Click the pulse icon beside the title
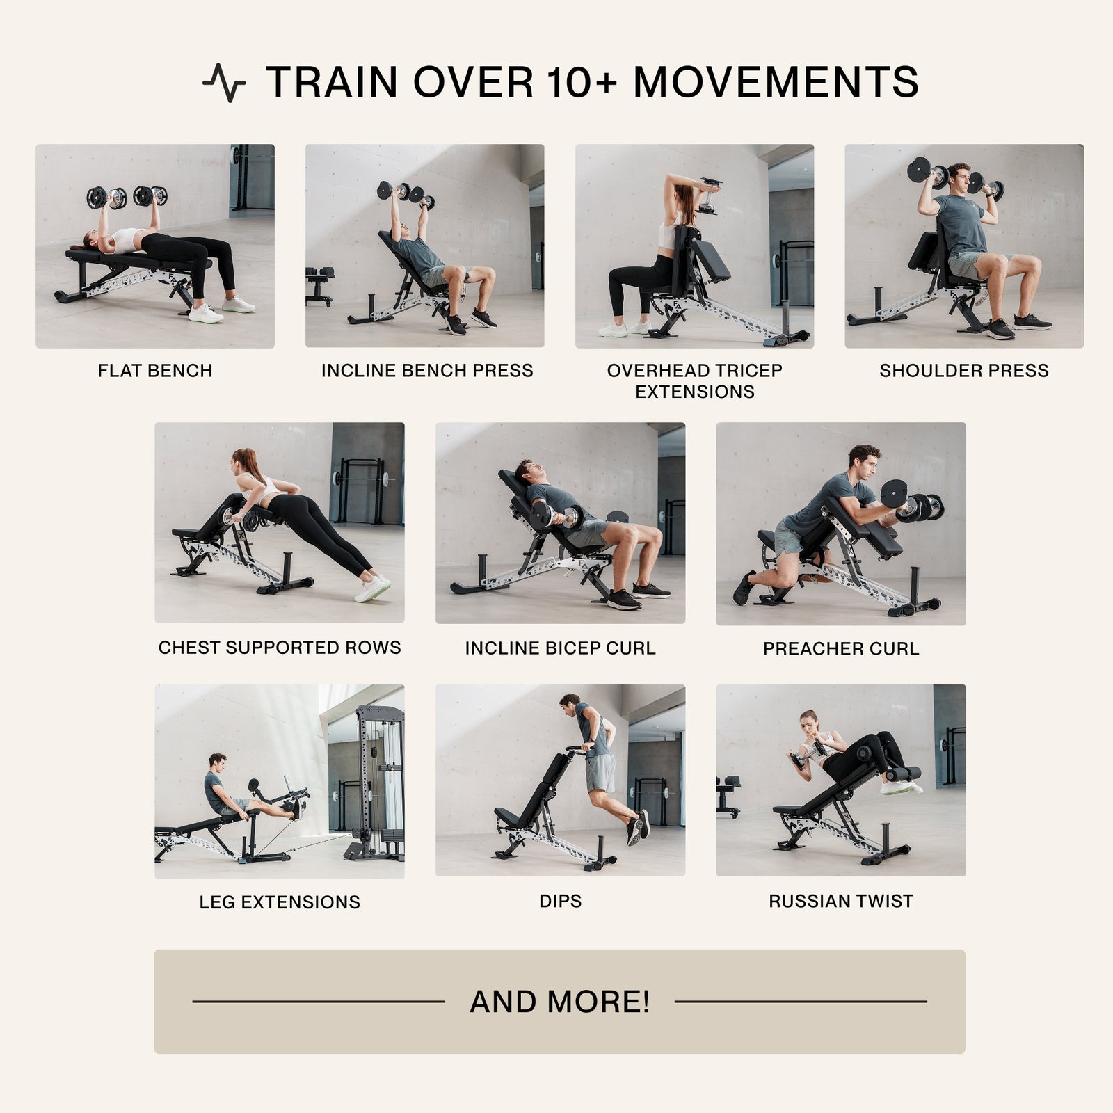tap(224, 83)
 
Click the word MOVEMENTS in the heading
tap(776, 82)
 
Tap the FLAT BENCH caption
tap(155, 371)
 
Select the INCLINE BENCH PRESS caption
tap(427, 371)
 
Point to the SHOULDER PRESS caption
tap(964, 371)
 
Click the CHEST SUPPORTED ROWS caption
tap(280, 648)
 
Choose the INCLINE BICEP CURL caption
tap(560, 648)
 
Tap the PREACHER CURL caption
tap(841, 649)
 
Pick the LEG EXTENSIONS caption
tap(280, 902)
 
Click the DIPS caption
tap(560, 901)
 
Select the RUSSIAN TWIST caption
tap(841, 901)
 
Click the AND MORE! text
tap(560, 1002)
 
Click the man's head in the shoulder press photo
tap(959, 176)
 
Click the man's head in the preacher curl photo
tap(864, 461)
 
